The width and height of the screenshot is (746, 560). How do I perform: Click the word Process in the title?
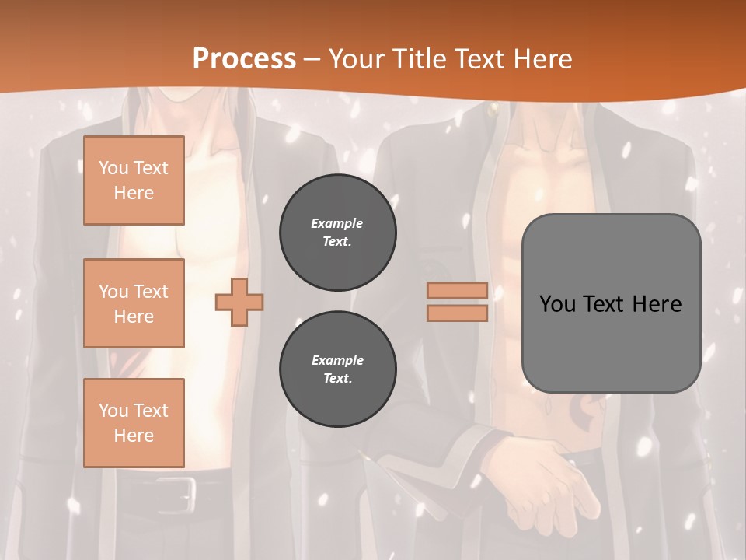point(244,58)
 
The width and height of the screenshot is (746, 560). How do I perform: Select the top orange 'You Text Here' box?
point(134,180)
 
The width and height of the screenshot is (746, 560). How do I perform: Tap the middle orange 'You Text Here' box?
point(134,303)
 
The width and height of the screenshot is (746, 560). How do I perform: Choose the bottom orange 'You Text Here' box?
point(134,423)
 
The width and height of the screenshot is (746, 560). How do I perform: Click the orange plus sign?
point(239,302)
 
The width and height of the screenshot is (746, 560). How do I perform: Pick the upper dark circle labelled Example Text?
point(338,233)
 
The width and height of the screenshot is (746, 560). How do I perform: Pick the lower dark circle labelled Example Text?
point(338,369)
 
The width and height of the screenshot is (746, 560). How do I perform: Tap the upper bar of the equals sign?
point(458,290)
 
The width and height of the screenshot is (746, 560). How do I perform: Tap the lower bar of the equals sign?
point(458,313)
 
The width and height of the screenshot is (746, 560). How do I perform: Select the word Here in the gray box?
point(657,304)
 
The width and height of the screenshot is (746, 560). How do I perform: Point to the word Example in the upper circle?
point(337,223)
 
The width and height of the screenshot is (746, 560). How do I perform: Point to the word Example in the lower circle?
point(337,360)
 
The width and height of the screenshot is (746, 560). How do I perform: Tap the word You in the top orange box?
point(113,168)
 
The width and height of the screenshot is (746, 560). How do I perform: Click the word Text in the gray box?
point(604,304)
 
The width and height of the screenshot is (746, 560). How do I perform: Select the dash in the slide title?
point(312,59)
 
